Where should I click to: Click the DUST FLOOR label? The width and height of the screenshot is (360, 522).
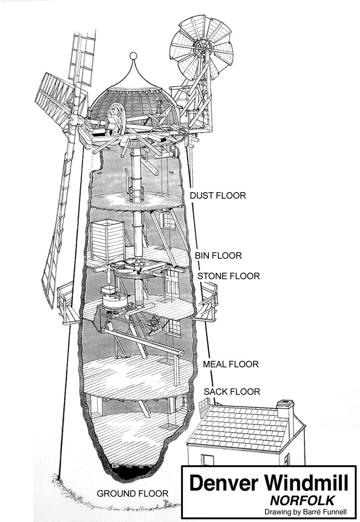point(218,196)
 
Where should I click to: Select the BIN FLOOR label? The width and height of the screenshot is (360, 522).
point(218,255)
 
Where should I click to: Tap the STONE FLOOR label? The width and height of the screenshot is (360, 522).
point(228,276)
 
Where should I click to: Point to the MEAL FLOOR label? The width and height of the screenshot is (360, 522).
point(231,364)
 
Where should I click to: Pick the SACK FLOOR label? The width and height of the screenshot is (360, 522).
point(232,392)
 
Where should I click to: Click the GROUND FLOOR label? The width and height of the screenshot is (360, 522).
point(132,493)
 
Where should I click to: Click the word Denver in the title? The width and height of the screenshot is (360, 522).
point(220,483)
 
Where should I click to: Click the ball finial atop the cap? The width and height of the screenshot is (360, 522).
point(134,57)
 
